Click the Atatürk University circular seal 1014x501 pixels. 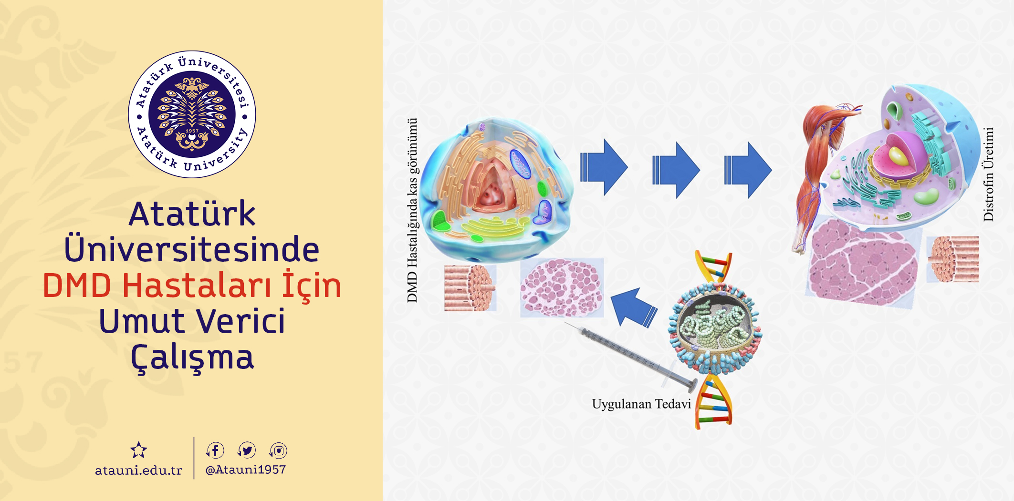(x=192, y=114)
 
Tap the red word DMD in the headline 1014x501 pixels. (x=77, y=286)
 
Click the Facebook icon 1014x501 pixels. (x=215, y=450)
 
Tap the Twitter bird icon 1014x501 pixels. (x=247, y=450)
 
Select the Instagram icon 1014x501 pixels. (x=278, y=450)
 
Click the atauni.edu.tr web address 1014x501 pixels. (x=138, y=470)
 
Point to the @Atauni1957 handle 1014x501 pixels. (x=245, y=470)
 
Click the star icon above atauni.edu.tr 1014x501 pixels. (x=139, y=450)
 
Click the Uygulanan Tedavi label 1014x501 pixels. (x=641, y=404)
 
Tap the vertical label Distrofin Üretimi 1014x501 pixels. (x=988, y=174)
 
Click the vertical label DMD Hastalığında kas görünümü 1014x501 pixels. (x=412, y=210)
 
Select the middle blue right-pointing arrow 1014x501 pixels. (x=676, y=170)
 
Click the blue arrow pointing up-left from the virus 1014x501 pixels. (x=634, y=307)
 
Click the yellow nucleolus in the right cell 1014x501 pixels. (x=899, y=155)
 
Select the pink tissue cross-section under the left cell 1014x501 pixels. (x=562, y=288)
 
